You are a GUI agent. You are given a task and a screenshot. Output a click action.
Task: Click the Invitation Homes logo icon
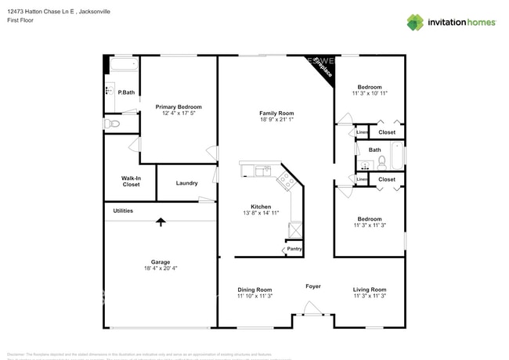coord(415,22)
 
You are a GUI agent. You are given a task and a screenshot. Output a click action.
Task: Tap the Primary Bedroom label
coord(179,107)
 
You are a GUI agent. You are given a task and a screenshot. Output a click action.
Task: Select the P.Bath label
coord(126,92)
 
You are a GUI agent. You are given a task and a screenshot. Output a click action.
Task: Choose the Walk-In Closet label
coord(131,182)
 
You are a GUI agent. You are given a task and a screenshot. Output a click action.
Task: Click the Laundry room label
coord(186,183)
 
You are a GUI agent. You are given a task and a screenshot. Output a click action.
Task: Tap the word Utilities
coord(123,211)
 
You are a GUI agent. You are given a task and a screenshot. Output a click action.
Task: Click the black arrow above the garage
coord(161,221)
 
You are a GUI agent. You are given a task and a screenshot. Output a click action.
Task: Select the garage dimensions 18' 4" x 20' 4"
coord(161,268)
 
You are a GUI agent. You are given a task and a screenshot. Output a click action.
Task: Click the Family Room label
coord(276,113)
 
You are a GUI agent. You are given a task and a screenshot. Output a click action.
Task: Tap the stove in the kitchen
coord(286,181)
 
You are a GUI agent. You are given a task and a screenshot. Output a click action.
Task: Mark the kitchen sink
coord(261,169)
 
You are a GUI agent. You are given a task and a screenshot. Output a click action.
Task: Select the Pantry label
coord(294,249)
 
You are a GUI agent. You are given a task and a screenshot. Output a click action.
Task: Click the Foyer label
coord(312,286)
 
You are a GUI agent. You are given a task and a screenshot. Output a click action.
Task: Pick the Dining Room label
coord(254,290)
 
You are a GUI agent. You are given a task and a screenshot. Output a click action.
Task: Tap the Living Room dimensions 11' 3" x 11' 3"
coord(370,296)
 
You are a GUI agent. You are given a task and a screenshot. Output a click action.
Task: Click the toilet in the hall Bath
coord(382,163)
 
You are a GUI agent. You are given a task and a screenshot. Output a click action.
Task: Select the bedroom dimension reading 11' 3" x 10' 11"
coord(370,93)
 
